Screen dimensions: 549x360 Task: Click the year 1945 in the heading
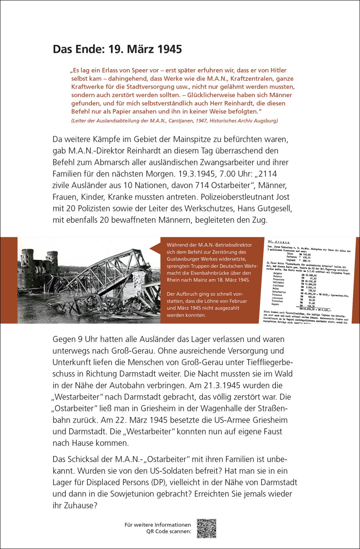tap(170, 49)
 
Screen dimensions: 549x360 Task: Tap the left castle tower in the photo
tap(27, 259)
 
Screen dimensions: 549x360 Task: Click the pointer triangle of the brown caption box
tap(155, 249)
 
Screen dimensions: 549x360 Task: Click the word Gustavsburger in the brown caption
tap(181, 259)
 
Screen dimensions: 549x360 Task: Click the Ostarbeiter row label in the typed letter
tap(279, 292)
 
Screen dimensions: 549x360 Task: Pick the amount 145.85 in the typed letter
tap(306, 255)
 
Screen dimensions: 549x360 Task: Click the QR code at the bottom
tap(207, 528)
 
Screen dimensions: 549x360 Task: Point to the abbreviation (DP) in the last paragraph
tap(158, 482)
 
